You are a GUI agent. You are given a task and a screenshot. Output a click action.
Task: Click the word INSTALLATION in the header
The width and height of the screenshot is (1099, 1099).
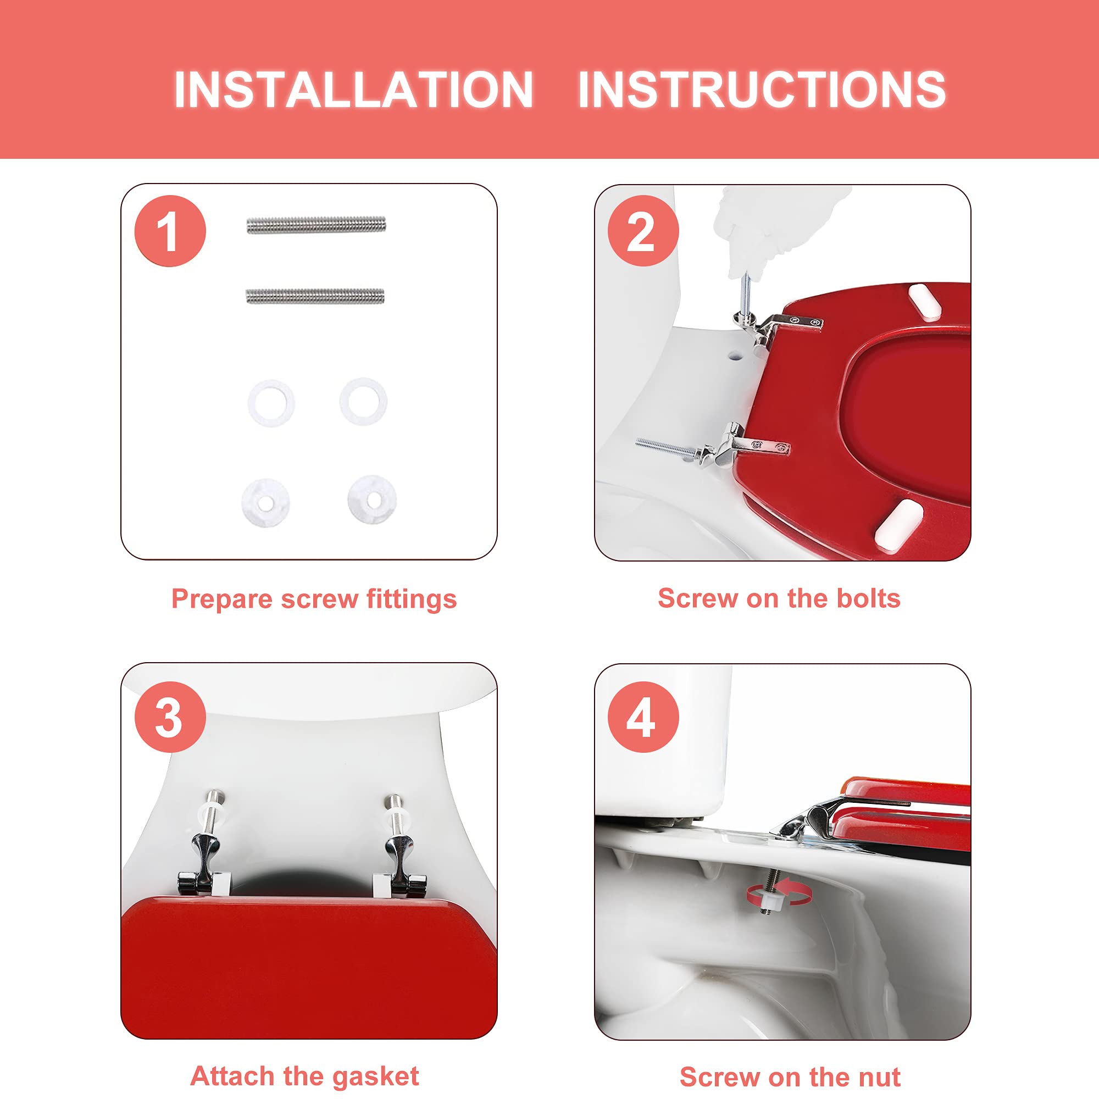pyautogui.click(x=353, y=90)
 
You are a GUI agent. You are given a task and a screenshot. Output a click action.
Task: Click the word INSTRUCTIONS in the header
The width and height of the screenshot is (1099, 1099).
pyautogui.click(x=762, y=90)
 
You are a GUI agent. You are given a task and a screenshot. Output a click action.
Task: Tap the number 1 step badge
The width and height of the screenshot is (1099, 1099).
pyautogui.click(x=170, y=231)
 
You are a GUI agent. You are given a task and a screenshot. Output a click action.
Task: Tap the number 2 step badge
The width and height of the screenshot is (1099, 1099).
pyautogui.click(x=643, y=231)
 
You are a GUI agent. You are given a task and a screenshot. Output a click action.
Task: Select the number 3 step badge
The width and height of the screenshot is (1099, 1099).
pyautogui.click(x=170, y=717)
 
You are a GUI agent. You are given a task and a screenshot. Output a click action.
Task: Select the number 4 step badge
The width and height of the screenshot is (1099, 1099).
pyautogui.click(x=643, y=717)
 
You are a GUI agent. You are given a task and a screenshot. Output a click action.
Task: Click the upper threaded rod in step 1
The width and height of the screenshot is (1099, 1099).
pyautogui.click(x=317, y=225)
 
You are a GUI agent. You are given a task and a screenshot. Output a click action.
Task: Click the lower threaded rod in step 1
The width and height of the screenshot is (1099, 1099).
pyautogui.click(x=315, y=296)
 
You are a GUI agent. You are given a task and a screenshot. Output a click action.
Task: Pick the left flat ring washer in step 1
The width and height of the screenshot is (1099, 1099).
pyautogui.click(x=271, y=403)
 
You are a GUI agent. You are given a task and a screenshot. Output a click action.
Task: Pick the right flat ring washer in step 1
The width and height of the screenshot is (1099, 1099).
pyautogui.click(x=363, y=402)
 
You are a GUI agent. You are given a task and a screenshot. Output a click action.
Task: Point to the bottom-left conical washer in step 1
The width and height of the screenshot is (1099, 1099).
pyautogui.click(x=265, y=502)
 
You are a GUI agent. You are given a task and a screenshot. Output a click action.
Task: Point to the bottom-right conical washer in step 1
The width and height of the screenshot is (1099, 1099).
pyautogui.click(x=372, y=499)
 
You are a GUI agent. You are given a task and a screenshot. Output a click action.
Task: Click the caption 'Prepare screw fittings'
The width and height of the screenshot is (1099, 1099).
pyautogui.click(x=314, y=600)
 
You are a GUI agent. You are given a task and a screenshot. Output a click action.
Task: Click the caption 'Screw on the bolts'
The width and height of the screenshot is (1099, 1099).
pyautogui.click(x=779, y=598)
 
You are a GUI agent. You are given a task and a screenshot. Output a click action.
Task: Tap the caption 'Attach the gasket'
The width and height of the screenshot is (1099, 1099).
pyautogui.click(x=305, y=1076)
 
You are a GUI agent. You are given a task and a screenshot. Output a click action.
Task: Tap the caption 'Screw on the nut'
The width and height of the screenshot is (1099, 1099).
pyautogui.click(x=790, y=1077)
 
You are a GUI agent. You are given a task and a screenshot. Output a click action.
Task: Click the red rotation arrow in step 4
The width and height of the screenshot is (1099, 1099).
pyautogui.click(x=779, y=896)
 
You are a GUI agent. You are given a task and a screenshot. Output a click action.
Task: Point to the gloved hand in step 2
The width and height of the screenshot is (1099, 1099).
pyautogui.click(x=768, y=227)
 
